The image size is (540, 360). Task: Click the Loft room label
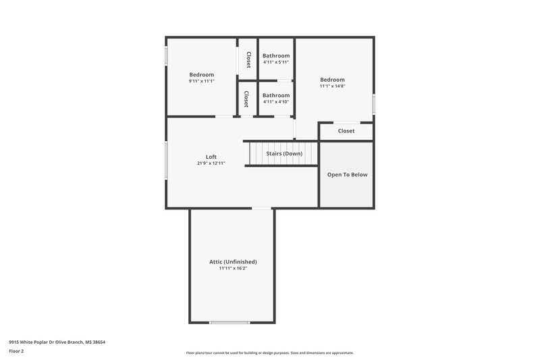[211, 157]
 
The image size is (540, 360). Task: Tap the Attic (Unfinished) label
[233, 261]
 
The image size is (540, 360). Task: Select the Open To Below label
[347, 174]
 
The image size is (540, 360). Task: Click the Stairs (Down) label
[284, 153]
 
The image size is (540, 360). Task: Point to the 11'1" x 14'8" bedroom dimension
[332, 86]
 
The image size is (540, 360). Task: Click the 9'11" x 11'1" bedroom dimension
[201, 81]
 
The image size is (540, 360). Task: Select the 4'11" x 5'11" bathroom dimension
[275, 62]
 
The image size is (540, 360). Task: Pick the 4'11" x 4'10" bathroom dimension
[275, 102]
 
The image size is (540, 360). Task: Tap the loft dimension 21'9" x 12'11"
[211, 163]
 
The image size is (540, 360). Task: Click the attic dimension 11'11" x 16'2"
[233, 268]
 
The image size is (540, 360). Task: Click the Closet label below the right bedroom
[346, 131]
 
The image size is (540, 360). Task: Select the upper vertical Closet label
[248, 59]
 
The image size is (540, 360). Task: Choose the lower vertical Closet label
[246, 99]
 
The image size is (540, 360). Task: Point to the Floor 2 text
[16, 351]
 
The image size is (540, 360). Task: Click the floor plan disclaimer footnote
[269, 353]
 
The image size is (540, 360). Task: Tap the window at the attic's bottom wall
[230, 322]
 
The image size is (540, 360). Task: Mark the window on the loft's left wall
[167, 160]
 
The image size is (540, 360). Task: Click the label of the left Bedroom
[201, 74]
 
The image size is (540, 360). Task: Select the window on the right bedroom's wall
[373, 104]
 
